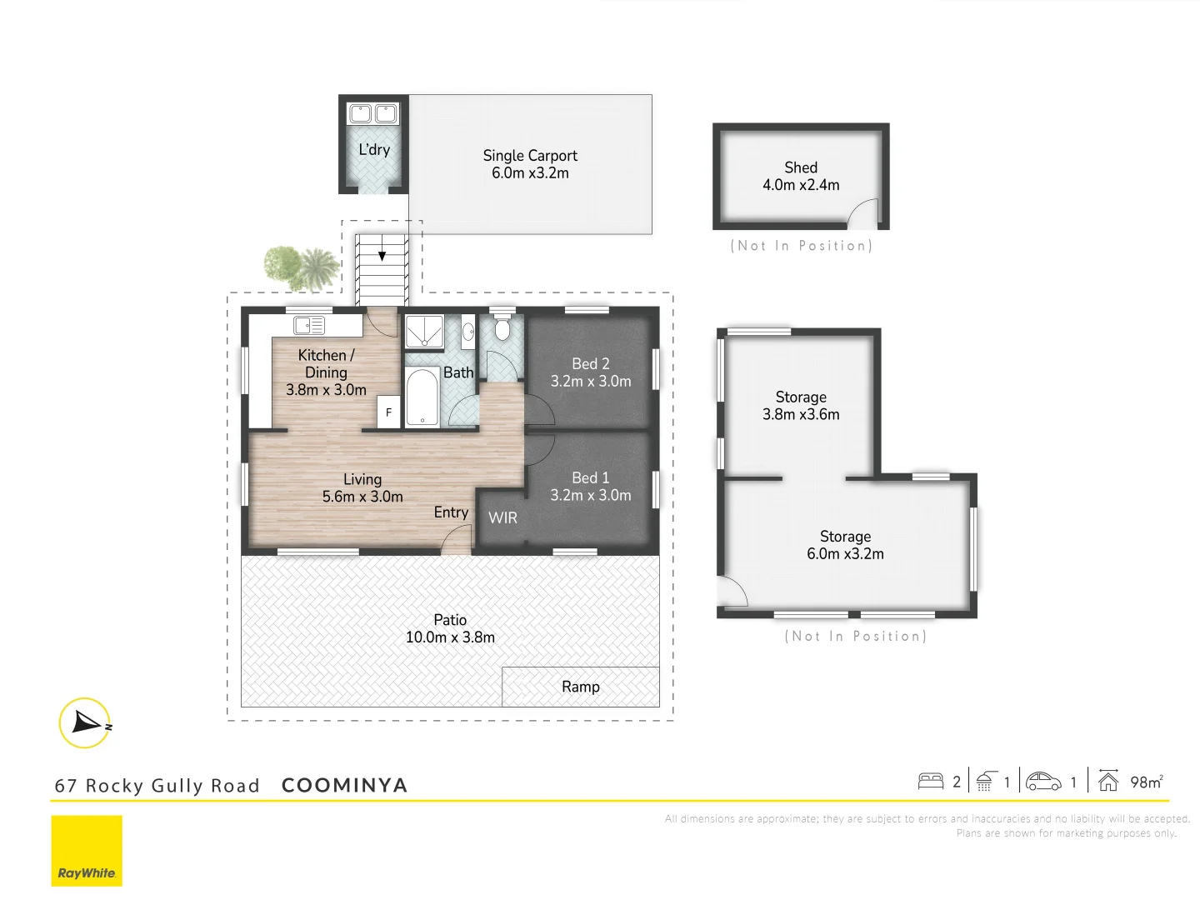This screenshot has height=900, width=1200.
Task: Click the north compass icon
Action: tap(85, 722)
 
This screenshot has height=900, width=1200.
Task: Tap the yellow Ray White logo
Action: tap(87, 851)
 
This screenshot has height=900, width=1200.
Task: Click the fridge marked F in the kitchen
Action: tap(388, 412)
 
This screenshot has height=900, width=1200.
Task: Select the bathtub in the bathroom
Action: tap(422, 397)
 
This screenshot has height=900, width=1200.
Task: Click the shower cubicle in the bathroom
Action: tap(423, 331)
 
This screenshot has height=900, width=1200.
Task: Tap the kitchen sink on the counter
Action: tap(309, 325)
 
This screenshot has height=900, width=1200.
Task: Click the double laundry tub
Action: tap(373, 113)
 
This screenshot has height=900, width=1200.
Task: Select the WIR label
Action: tap(502, 517)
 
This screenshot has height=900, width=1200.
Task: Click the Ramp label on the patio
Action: tap(580, 687)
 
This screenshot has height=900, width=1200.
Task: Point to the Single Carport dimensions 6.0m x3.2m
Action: tap(530, 173)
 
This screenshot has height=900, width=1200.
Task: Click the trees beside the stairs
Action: tap(301, 267)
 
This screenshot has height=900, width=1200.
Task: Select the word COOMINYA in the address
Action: tap(344, 786)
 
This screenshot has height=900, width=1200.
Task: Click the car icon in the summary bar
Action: tap(1043, 782)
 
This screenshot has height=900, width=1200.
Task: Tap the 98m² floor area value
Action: tap(1146, 782)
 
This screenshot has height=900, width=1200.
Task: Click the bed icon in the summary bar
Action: tap(930, 782)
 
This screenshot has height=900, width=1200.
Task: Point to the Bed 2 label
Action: tap(590, 364)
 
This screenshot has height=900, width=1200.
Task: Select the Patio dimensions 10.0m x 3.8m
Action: tap(450, 637)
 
